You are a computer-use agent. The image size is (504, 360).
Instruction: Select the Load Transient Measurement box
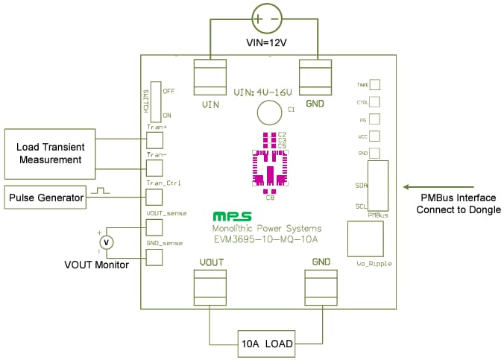pos(50,149)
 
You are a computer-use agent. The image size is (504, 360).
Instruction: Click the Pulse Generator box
pos(44,198)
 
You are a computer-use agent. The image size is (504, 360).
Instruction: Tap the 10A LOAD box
pos(265,344)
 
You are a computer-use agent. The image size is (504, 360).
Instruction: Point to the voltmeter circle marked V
pos(107,242)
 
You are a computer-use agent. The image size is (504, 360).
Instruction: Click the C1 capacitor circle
pos(268,113)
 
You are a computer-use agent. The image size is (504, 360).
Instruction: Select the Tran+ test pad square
pos(154,139)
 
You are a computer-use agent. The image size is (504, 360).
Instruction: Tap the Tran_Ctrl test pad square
pos(154,197)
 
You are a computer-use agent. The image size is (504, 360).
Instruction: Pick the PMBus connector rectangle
pos(377,186)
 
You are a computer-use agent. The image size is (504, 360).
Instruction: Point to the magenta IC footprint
pos(269,165)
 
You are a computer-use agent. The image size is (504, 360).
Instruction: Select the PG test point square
pos(374,119)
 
